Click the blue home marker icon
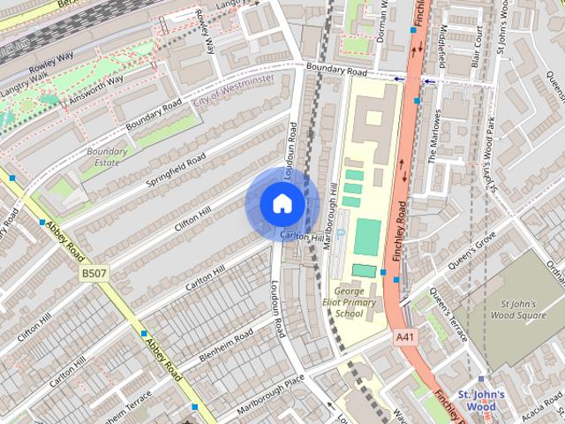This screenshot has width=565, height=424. (282, 204)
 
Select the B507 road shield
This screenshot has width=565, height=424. (94, 275)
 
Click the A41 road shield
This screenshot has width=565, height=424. (404, 337)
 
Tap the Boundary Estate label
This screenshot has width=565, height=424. (107, 156)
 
